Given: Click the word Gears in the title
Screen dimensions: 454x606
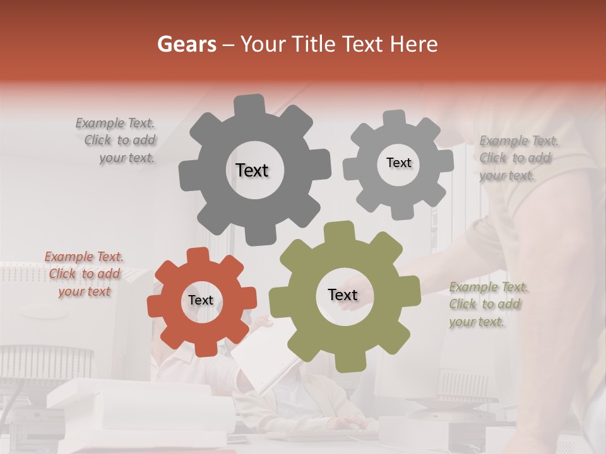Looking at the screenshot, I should [186, 44].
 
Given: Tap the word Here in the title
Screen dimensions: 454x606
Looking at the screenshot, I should [414, 44].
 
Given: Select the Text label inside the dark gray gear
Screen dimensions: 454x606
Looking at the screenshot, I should [252, 170].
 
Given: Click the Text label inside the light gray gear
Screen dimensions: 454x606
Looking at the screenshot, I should [398, 163].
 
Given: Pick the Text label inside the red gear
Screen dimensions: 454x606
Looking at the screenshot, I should [201, 300].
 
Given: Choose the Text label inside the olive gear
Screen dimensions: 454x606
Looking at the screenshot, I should [343, 294].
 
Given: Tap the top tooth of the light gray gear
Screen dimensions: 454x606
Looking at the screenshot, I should [394, 118].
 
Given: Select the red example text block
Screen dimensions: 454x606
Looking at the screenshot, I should [84, 274].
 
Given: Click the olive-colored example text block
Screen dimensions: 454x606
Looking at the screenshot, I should [487, 305].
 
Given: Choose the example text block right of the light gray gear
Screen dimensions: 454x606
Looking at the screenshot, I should [518, 158].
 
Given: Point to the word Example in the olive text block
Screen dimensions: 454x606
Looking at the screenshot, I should [473, 288].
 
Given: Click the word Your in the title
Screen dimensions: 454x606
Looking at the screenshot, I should [261, 44].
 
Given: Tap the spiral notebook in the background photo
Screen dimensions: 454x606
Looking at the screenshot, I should [265, 363].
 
